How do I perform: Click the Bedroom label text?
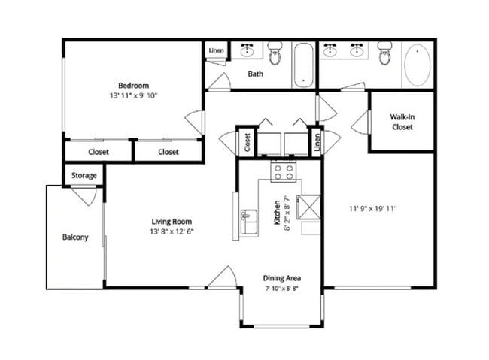132,85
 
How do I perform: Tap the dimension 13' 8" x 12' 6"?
172,233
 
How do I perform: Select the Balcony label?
75,237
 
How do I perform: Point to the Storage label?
84,175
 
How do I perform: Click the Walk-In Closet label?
402,122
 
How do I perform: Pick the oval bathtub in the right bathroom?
418,65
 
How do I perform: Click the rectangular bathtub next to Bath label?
303,65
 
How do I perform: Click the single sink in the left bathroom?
248,52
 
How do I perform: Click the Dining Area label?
282,277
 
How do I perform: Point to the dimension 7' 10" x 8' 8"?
282,288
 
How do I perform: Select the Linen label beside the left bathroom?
215,50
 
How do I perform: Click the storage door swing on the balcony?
84,196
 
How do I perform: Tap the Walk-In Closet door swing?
360,119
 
